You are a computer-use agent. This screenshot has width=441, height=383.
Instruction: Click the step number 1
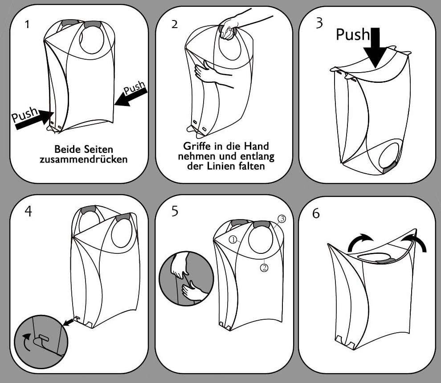(28, 24)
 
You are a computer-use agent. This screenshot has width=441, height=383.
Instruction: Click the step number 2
(174, 24)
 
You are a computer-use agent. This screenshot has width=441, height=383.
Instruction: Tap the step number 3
(319, 23)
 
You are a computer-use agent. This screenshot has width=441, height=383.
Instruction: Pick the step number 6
(316, 213)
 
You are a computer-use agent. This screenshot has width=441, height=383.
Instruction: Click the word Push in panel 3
(353, 35)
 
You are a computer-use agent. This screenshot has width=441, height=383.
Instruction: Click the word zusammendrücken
(83, 159)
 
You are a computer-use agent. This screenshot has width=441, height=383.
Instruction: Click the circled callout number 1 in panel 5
(233, 239)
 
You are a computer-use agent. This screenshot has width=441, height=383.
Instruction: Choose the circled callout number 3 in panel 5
(282, 218)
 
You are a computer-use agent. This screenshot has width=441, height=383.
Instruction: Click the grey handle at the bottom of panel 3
(389, 167)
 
